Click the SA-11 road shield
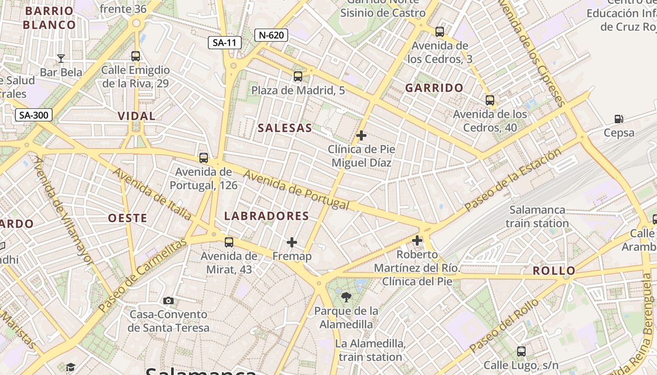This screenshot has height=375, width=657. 225,43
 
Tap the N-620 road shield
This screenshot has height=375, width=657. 271,35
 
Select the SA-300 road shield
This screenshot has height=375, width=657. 34,115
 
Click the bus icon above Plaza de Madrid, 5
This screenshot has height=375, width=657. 298,76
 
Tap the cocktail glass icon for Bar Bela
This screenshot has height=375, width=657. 61,59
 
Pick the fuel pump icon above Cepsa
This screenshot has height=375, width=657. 619,119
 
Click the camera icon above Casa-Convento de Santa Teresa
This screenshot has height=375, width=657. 168,300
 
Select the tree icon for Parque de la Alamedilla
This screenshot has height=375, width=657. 346,297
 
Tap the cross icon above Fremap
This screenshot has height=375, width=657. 292,242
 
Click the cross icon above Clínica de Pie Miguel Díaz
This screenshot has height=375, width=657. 361,135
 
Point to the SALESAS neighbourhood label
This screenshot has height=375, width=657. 285,128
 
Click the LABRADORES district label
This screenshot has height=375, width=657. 267,216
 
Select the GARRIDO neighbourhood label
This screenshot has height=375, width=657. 434,88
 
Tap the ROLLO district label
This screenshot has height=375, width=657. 554,270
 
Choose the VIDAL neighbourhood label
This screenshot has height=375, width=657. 137,116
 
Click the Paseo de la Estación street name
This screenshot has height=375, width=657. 513,180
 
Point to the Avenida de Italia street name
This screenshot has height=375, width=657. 152,193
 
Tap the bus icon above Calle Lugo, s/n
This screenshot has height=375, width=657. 521,351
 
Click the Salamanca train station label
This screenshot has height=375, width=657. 537,217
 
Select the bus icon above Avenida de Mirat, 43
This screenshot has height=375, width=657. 229,242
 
